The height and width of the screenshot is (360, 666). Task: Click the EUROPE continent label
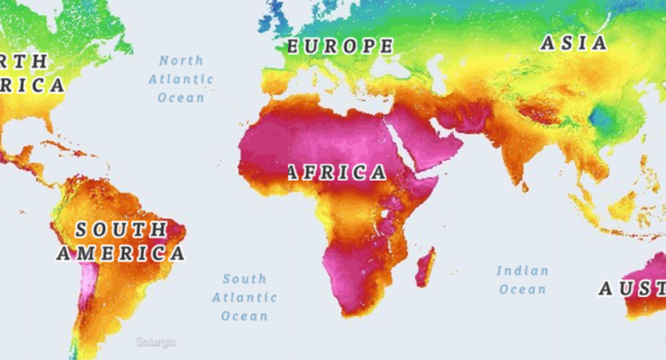click(x=339, y=46)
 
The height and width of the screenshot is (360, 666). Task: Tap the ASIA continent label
click(x=573, y=43)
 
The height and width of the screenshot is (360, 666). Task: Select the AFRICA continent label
click(x=337, y=173)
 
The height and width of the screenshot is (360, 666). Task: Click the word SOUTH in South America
click(x=121, y=230)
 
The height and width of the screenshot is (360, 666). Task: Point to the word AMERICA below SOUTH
click(x=121, y=253)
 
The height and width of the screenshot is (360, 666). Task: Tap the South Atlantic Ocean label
click(x=245, y=297)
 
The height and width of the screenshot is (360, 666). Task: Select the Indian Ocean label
click(x=522, y=280)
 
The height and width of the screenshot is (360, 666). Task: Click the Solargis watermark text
click(x=156, y=342)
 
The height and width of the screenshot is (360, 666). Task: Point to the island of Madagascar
click(x=425, y=267)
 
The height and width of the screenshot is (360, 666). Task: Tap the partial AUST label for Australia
click(x=632, y=289)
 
